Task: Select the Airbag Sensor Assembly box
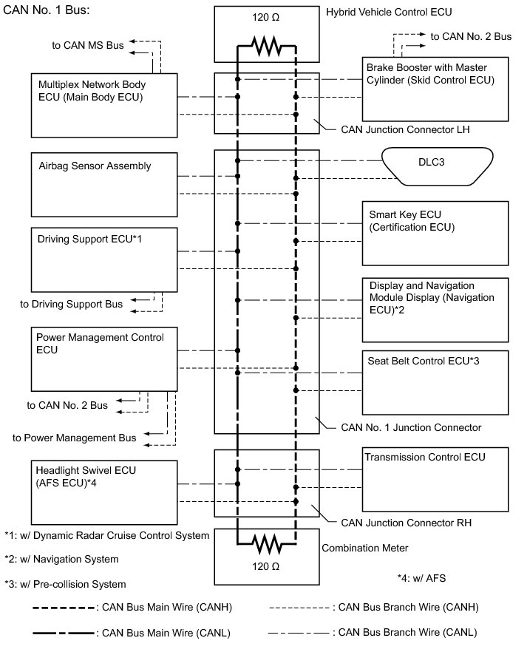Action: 103,186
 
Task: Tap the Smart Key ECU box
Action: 435,233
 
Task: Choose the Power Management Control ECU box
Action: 103,359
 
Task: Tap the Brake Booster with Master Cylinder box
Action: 435,89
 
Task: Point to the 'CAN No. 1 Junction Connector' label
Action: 411,427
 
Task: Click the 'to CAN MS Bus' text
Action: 87,45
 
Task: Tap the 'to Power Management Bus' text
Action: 74,438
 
